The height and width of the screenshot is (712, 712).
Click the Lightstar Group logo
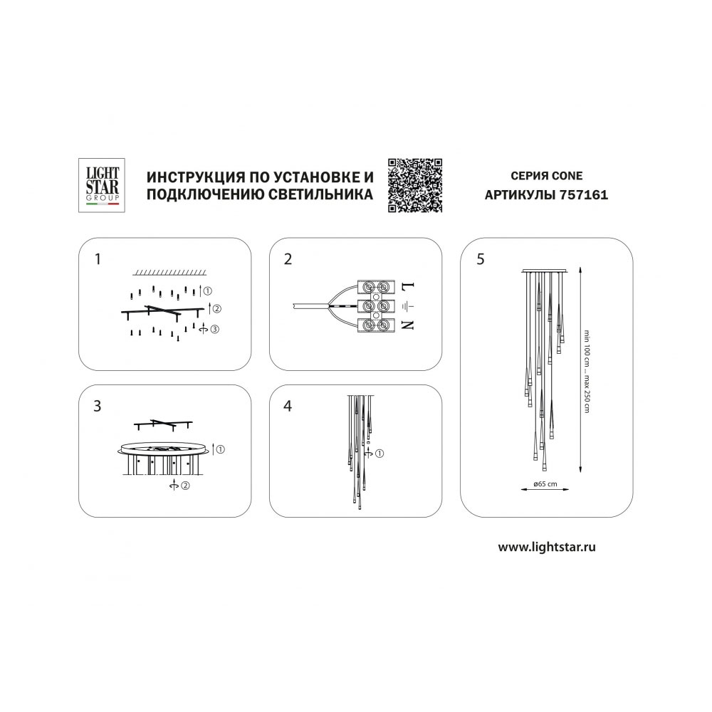(x=102, y=185)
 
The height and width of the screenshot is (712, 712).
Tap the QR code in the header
(x=415, y=185)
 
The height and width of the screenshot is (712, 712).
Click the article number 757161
(x=584, y=195)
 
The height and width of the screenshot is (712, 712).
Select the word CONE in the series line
(x=567, y=176)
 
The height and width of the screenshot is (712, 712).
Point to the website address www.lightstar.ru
(x=547, y=547)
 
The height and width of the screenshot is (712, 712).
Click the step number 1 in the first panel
(x=97, y=259)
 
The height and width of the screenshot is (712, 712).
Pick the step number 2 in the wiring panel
(x=288, y=259)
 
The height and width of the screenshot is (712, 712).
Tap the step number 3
(x=97, y=406)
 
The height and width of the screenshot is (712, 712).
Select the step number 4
(x=288, y=406)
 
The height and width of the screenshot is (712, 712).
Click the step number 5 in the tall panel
(x=481, y=259)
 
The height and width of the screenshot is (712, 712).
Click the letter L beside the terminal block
(x=408, y=287)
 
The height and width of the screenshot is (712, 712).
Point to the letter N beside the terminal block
(x=408, y=325)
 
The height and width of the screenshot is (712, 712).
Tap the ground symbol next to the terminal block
(x=408, y=306)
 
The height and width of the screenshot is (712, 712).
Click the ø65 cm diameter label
(x=545, y=484)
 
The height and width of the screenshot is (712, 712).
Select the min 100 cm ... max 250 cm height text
(x=586, y=372)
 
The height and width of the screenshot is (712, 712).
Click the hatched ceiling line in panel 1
(x=169, y=273)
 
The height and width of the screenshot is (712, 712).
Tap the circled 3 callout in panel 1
(x=214, y=329)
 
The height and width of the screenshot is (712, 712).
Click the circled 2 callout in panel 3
(x=185, y=486)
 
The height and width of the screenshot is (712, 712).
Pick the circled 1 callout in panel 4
(x=379, y=453)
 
